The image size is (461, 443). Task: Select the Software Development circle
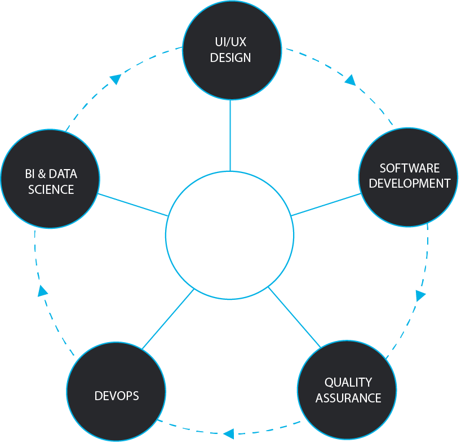pos(409,175)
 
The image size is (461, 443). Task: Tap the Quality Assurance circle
pos(347,389)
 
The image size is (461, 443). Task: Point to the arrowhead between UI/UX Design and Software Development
pos(351,80)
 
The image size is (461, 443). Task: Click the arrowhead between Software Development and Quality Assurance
pos(420,295)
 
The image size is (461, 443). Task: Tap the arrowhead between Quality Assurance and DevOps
pos(228,433)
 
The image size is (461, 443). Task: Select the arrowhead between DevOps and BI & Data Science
pos(42,291)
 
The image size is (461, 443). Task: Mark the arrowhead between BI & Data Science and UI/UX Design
pos(116,79)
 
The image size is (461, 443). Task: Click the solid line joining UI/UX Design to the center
pos(230,135)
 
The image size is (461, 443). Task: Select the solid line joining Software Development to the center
pos(326,205)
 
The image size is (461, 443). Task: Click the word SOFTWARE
pos(409,168)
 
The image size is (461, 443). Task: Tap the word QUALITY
pos(348,382)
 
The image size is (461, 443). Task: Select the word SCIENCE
pos(51,189)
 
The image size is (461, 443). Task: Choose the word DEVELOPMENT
pos(409,183)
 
